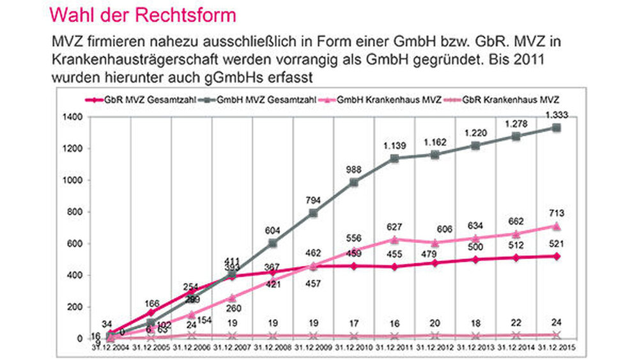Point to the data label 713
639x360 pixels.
(x=556, y=213)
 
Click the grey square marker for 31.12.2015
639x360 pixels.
(x=556, y=128)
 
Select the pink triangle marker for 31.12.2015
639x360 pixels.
(x=556, y=226)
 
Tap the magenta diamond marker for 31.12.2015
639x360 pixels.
(x=556, y=256)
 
